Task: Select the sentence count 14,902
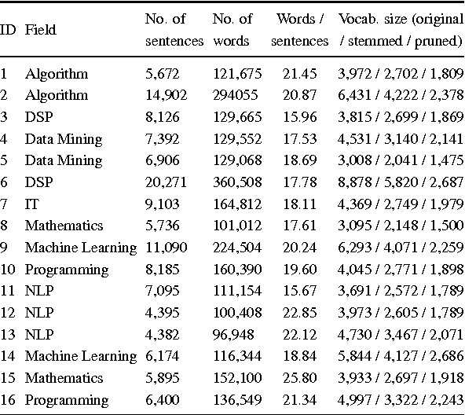click(x=167, y=96)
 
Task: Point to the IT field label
click(x=31, y=204)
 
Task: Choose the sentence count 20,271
click(x=167, y=182)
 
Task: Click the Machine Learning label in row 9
click(x=80, y=248)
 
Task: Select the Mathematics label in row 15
click(x=64, y=378)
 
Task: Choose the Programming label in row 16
click(x=66, y=400)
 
